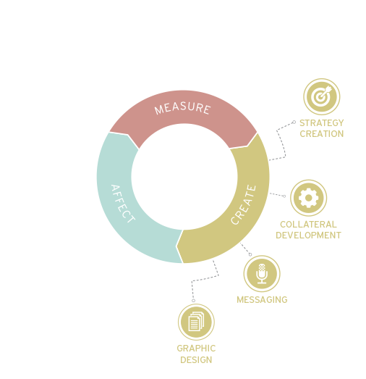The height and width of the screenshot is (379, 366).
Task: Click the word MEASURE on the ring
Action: pyautogui.click(x=182, y=108)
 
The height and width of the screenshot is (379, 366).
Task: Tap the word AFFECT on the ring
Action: pyautogui.click(x=123, y=204)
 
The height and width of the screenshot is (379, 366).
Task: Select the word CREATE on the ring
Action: pyautogui.click(x=243, y=205)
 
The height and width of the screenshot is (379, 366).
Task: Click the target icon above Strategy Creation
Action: pyautogui.click(x=322, y=96)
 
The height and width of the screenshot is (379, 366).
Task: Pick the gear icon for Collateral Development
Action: pyautogui.click(x=308, y=198)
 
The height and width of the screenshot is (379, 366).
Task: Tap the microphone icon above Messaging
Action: pyautogui.click(x=262, y=274)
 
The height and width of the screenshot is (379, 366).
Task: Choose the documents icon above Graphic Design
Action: pyautogui.click(x=196, y=322)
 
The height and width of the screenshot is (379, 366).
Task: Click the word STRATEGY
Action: pyautogui.click(x=322, y=123)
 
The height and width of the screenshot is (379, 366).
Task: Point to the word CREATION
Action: pyautogui.click(x=322, y=133)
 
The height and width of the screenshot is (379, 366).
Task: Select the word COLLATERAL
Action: pyautogui.click(x=308, y=225)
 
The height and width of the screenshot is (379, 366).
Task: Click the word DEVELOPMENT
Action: pyautogui.click(x=308, y=236)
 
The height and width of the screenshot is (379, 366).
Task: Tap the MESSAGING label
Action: pyautogui.click(x=262, y=300)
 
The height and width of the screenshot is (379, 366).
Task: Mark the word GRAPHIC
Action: pyautogui.click(x=196, y=349)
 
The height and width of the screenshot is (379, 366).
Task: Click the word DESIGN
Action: pyautogui.click(x=196, y=360)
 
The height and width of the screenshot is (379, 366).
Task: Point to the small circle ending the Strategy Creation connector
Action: pyautogui.click(x=294, y=122)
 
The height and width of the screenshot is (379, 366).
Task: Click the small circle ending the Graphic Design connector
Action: pyautogui.click(x=193, y=301)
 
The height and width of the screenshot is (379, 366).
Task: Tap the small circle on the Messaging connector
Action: pyautogui.click(x=250, y=254)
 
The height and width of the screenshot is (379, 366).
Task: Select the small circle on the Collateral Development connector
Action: pyautogui.click(x=284, y=196)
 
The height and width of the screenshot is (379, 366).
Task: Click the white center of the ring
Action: pyautogui.click(x=184, y=177)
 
